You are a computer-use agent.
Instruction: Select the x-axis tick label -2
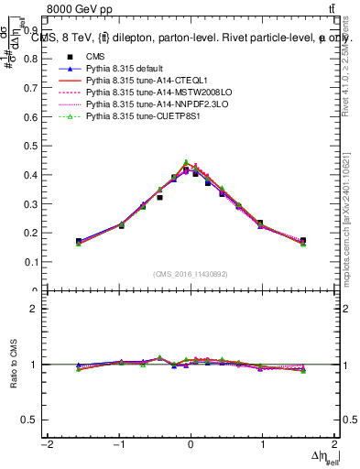[46, 444]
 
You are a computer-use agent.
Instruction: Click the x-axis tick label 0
[191, 444]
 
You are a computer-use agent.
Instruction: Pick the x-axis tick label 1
[263, 444]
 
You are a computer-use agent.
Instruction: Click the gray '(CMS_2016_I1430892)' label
[190, 274]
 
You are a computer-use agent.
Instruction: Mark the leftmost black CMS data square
[79, 241]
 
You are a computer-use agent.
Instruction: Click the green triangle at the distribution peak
[186, 162]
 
